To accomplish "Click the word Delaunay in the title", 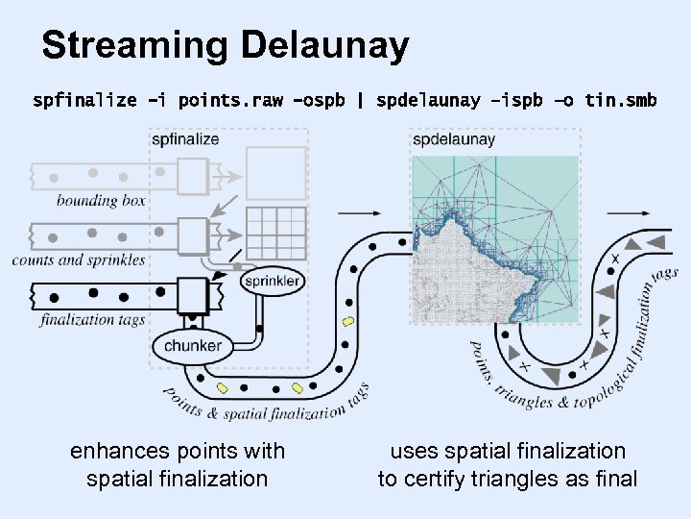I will [x=325, y=45].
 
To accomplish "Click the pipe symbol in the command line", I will [x=360, y=99].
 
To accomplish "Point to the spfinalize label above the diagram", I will [x=185, y=138].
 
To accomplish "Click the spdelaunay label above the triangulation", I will [x=454, y=139].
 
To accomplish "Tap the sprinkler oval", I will [x=273, y=282].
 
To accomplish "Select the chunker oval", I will [x=193, y=345].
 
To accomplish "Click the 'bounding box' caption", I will [x=101, y=201].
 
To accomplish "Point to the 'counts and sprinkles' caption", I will [x=79, y=259].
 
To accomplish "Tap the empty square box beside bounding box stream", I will [x=276, y=173].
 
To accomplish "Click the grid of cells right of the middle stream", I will [x=276, y=232].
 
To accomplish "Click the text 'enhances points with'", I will [x=178, y=451].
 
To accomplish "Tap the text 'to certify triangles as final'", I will [x=508, y=479].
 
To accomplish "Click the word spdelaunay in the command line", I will [x=428, y=99].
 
